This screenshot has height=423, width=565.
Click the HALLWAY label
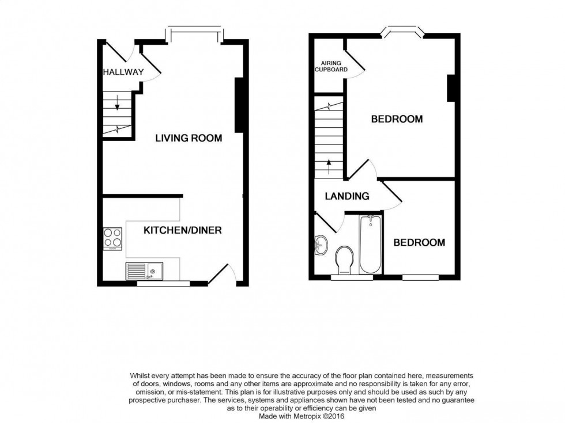click(123, 72)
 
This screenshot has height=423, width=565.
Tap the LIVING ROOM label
click(189, 138)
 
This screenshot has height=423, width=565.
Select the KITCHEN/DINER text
click(182, 230)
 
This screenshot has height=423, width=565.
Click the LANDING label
click(347, 196)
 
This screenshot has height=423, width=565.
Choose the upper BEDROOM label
click(397, 120)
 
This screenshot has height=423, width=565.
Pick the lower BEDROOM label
click(419, 243)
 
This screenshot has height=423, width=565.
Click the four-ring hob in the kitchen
click(112, 238)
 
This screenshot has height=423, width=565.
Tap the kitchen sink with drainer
click(144, 270)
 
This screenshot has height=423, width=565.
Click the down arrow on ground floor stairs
click(118, 104)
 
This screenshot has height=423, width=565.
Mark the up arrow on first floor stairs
click(329, 166)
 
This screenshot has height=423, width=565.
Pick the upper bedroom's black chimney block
click(451, 88)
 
